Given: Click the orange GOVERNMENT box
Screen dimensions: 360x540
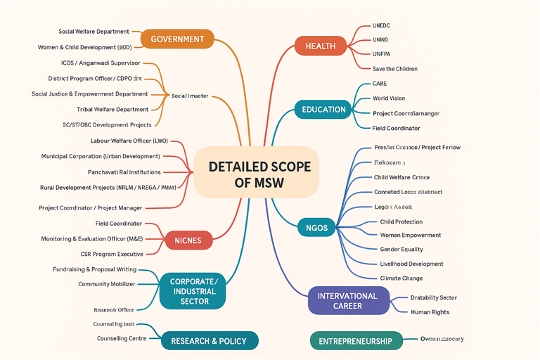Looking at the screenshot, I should pyautogui.click(x=177, y=39).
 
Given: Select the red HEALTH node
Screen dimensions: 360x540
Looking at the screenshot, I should pyautogui.click(x=320, y=46).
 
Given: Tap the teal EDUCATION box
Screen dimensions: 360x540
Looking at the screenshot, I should pyautogui.click(x=323, y=110).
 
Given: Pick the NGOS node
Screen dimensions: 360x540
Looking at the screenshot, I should pyautogui.click(x=312, y=228).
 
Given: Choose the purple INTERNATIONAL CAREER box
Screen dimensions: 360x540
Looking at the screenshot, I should pyautogui.click(x=348, y=300).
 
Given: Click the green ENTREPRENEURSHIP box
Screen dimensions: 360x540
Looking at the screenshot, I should pyautogui.click(x=356, y=341).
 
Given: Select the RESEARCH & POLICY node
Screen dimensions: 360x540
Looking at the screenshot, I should pyautogui.click(x=209, y=341).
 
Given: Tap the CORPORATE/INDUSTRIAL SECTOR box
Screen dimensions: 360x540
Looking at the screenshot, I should pyautogui.click(x=194, y=291).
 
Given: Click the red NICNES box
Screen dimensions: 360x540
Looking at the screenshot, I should pyautogui.click(x=188, y=240).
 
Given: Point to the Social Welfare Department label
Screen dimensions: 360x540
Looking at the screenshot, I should pyautogui.click(x=94, y=32).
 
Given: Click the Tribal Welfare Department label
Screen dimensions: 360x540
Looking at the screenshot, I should pyautogui.click(x=112, y=110).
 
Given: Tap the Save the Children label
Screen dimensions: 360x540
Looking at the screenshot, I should pyautogui.click(x=394, y=69).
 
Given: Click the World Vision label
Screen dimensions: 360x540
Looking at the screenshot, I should pyautogui.click(x=389, y=98).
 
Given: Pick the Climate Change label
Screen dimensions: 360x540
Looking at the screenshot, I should pyautogui.click(x=401, y=278).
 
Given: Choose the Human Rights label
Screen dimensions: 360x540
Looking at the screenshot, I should pyautogui.click(x=430, y=312).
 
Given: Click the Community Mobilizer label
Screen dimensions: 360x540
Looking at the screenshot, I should pyautogui.click(x=106, y=284).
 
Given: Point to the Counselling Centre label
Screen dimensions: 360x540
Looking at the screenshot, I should pyautogui.click(x=122, y=338).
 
